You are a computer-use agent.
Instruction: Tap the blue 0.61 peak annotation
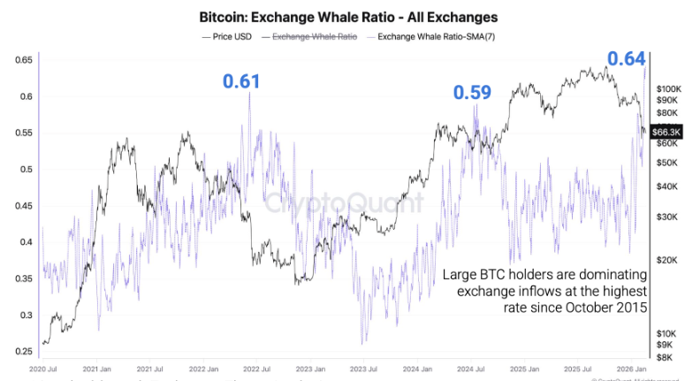click(241, 81)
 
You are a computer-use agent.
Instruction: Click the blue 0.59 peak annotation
click(472, 92)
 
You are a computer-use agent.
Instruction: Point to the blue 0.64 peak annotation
click(626, 59)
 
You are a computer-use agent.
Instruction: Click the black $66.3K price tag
click(664, 132)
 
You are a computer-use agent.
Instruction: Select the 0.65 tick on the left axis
click(24, 60)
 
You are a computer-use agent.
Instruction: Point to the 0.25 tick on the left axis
click(24, 352)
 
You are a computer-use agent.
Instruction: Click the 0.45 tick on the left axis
click(24, 206)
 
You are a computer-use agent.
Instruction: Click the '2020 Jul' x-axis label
click(44, 367)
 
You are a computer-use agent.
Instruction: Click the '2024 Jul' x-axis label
click(471, 367)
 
